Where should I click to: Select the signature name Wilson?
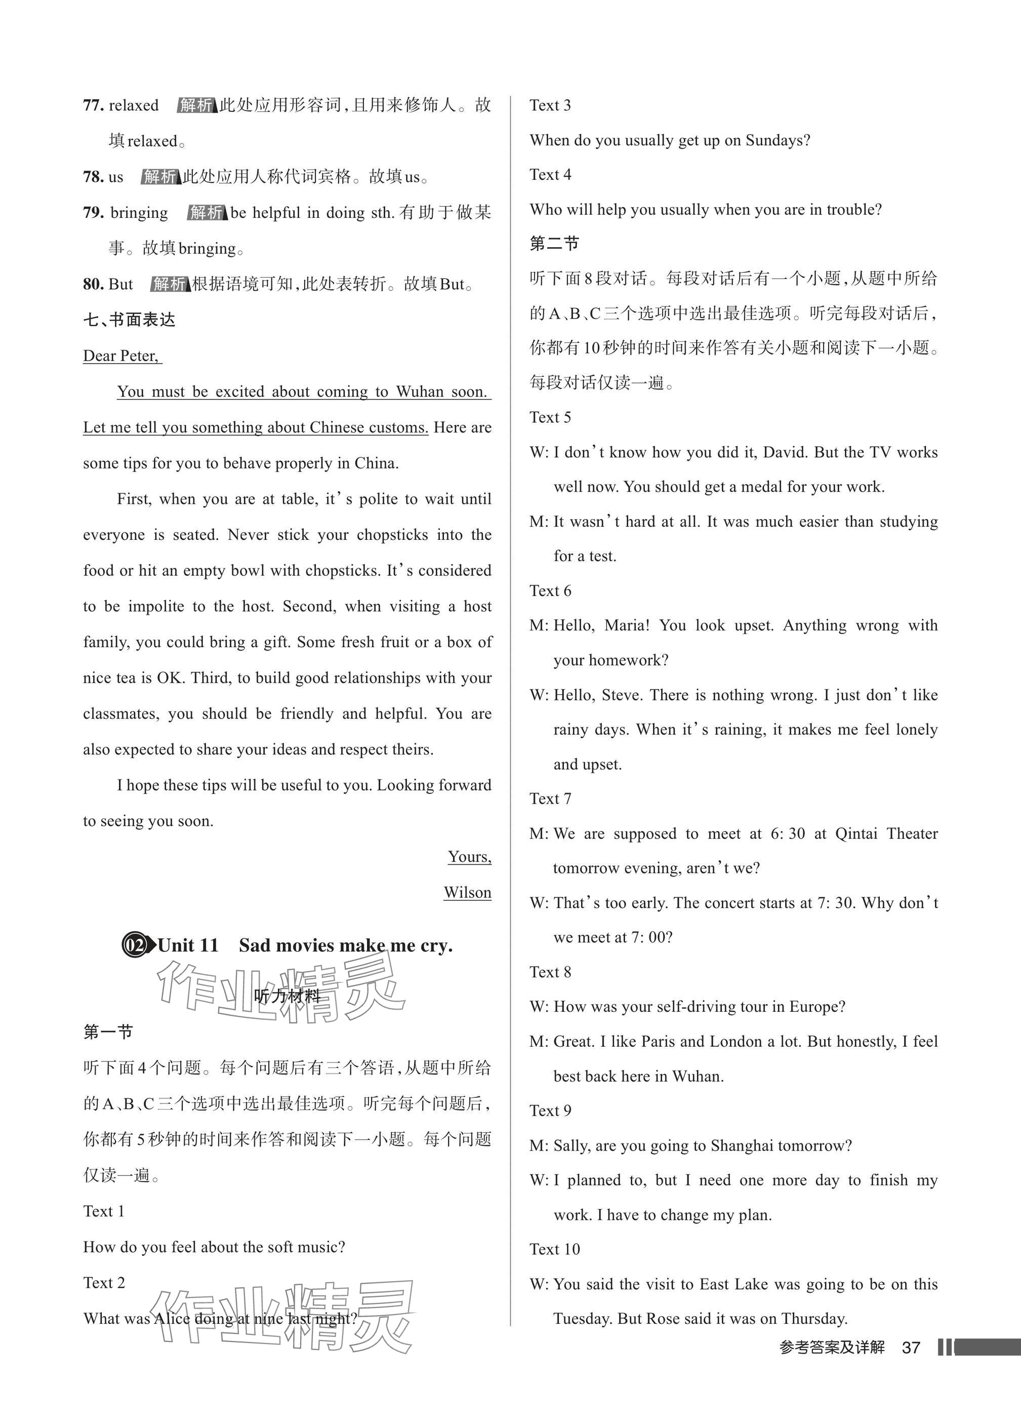467,892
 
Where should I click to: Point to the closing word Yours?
469,856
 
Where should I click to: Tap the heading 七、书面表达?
129,320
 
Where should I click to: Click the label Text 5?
550,417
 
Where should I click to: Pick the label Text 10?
554,1249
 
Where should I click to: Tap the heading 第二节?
554,244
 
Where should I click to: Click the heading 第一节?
108,1032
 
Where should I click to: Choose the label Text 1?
103,1211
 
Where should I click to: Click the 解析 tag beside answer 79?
206,213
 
